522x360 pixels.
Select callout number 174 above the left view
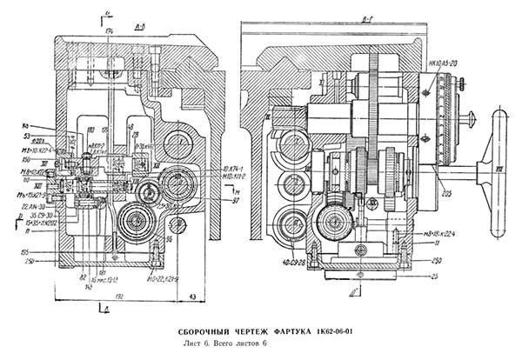coord(109,31)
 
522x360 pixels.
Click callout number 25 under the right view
coord(432,277)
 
